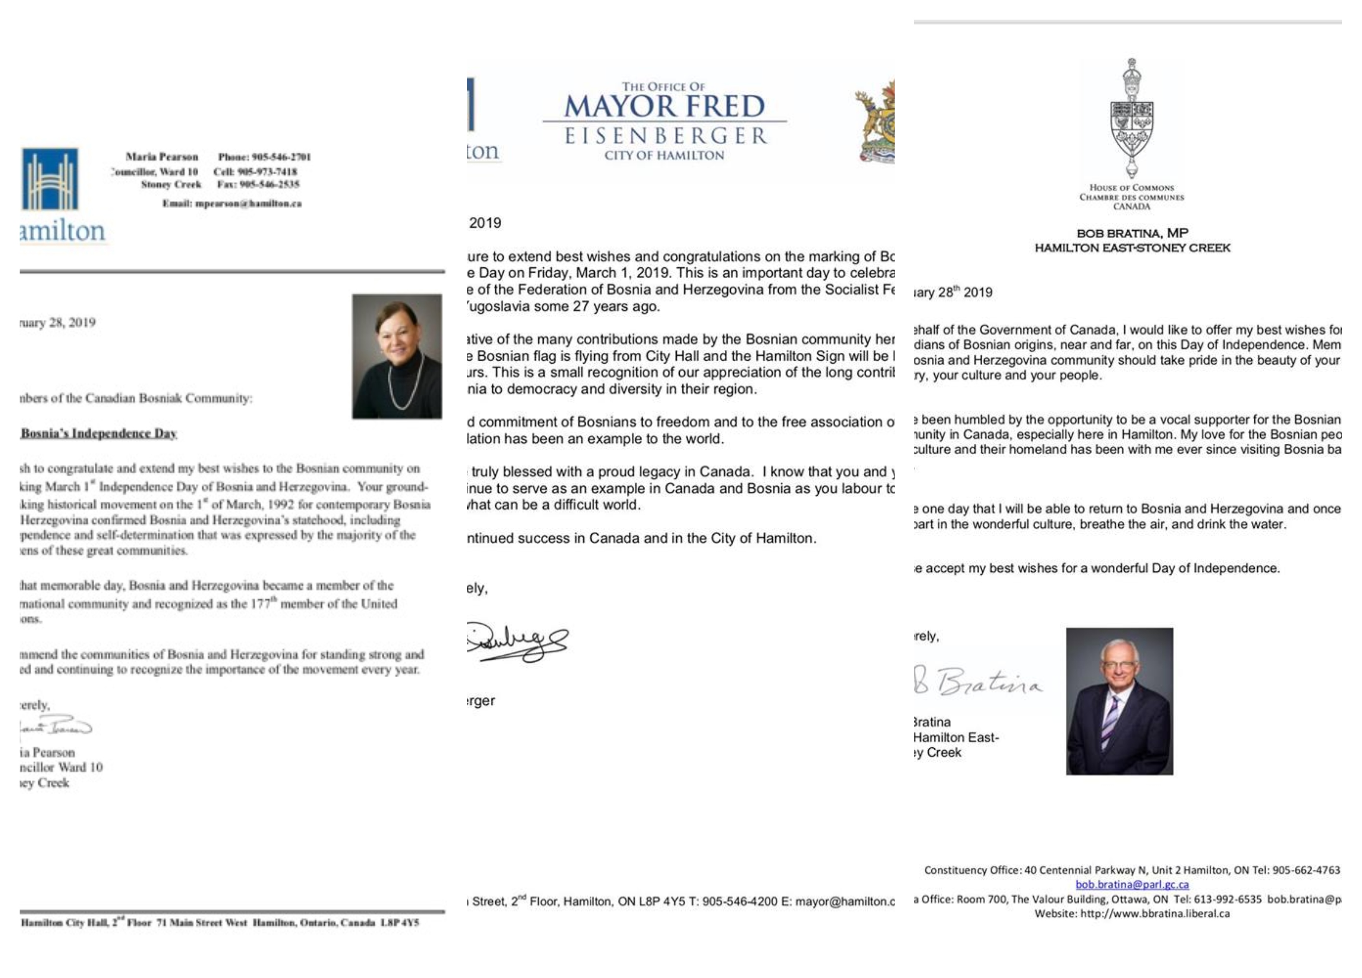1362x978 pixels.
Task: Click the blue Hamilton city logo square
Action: click(50, 179)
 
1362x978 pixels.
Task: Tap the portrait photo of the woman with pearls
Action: click(397, 356)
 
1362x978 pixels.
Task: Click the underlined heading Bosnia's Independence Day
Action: click(98, 433)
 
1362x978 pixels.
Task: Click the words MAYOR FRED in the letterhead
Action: click(664, 107)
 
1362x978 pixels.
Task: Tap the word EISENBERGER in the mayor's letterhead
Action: click(666, 136)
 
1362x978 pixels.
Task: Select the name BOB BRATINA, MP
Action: click(1132, 233)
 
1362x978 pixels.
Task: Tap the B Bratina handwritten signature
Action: click(979, 682)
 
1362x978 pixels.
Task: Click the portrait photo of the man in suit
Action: click(1120, 701)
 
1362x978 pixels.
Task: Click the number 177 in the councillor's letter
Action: click(261, 604)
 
